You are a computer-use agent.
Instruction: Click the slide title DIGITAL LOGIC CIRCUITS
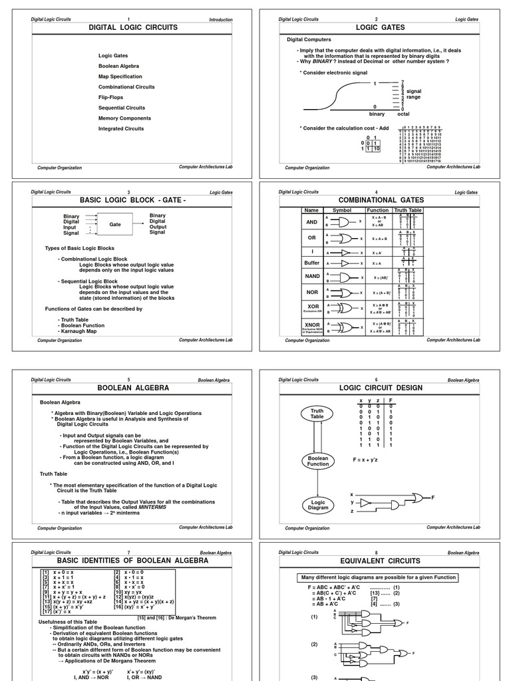[x=128, y=28]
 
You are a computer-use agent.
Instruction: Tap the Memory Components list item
[x=124, y=118]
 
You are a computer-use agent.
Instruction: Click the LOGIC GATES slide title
[x=376, y=28]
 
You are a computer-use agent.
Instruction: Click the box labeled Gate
[x=115, y=225]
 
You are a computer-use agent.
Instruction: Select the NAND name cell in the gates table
[x=311, y=276]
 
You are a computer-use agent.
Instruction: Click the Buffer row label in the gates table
[x=311, y=263]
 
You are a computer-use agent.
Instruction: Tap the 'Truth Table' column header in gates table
[x=408, y=210]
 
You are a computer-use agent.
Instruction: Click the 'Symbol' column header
[x=341, y=210]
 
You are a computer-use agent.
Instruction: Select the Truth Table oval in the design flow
[x=317, y=414]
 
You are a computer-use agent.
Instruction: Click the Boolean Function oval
[x=317, y=461]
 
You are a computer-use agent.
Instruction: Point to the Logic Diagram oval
[x=317, y=507]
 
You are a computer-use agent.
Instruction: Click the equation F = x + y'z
[x=370, y=459]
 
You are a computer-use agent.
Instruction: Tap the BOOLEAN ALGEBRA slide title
[x=128, y=388]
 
